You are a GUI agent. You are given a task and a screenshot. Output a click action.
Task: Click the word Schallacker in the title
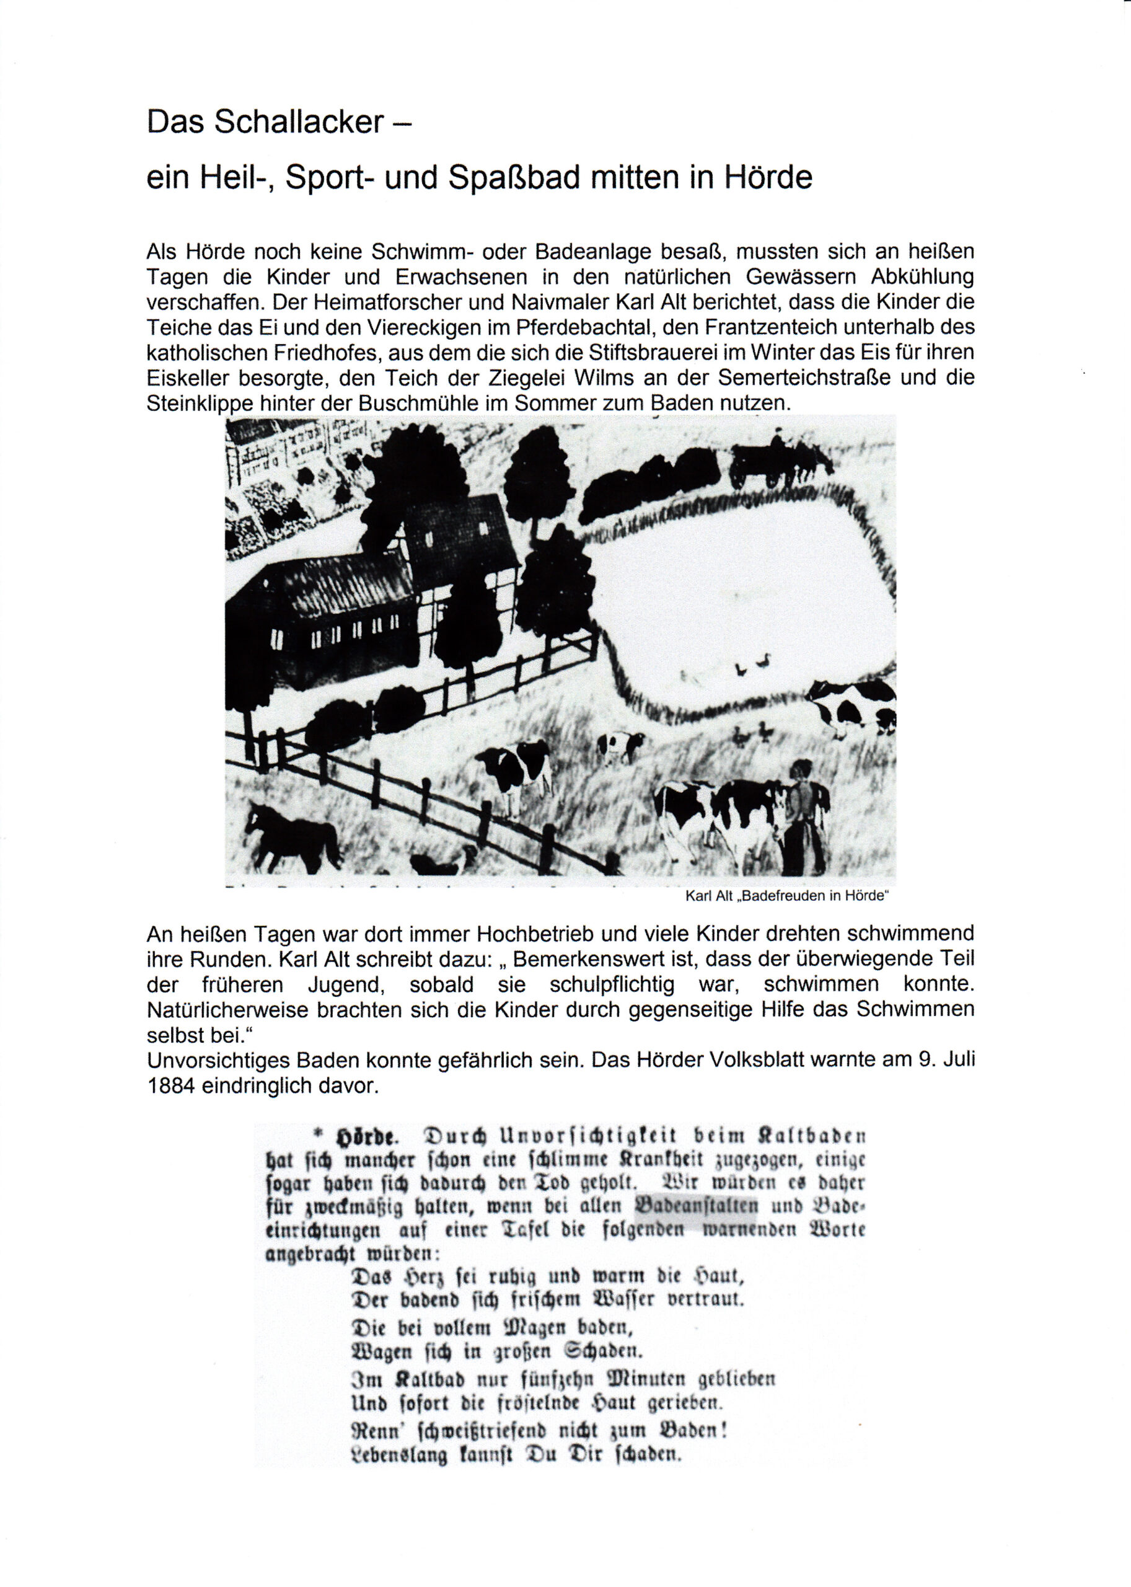tap(299, 122)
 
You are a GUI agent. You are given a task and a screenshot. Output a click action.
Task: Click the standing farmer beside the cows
tap(806, 815)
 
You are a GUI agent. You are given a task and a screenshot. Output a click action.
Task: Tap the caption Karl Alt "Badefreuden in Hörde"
tap(788, 896)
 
